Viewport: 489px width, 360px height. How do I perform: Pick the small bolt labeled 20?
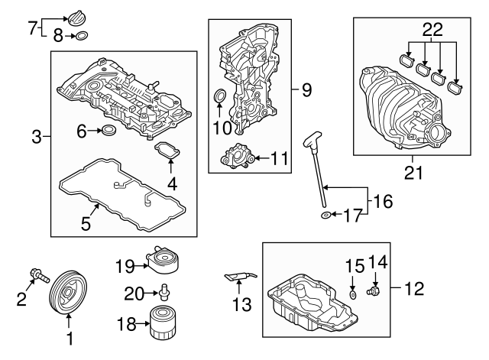pyautogui.click(x=164, y=290)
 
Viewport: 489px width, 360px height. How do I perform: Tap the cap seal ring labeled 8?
pyautogui.click(x=83, y=34)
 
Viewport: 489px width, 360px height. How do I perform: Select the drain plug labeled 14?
pyautogui.click(x=374, y=292)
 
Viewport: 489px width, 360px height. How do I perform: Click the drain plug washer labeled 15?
pyautogui.click(x=352, y=294)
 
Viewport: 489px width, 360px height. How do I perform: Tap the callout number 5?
pyautogui.click(x=86, y=224)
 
